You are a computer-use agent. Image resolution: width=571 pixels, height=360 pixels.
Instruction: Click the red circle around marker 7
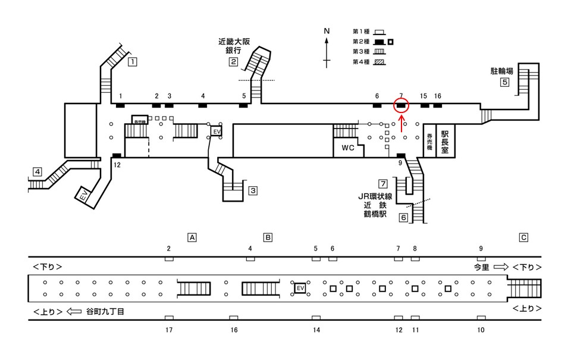(x=401, y=106)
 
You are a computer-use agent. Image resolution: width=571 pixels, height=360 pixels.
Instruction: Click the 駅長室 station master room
(x=444, y=141)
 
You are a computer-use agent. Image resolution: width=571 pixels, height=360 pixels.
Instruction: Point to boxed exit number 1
(x=133, y=61)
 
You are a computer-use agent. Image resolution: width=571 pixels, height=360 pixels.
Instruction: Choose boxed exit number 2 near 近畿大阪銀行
(x=234, y=62)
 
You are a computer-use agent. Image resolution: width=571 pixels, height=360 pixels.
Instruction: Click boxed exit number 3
(x=253, y=191)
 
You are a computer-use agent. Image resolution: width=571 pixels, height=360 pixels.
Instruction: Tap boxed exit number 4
(x=37, y=173)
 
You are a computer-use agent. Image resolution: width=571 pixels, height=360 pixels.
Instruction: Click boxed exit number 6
(x=403, y=217)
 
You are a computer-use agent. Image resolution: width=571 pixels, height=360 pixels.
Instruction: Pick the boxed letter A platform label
(x=192, y=237)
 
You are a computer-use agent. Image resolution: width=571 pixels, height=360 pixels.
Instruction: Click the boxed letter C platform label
(x=523, y=237)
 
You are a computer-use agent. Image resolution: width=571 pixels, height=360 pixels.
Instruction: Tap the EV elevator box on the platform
(x=300, y=289)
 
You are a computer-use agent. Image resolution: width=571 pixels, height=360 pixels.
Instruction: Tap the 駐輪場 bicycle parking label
(x=501, y=71)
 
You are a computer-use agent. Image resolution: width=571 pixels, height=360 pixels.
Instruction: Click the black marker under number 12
(x=117, y=156)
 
